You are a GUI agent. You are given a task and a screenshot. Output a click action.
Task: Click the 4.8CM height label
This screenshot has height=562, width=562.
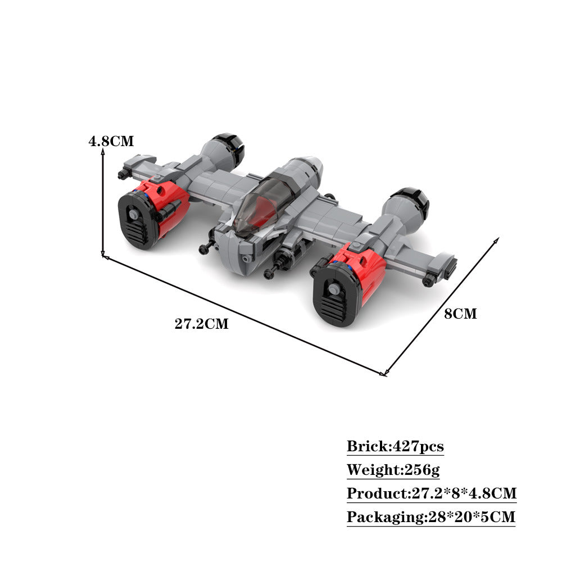pos(111,141)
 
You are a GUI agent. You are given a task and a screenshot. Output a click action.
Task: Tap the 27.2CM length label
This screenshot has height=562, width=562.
pos(201,324)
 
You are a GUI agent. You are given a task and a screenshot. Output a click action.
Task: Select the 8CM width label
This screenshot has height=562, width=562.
pos(461,314)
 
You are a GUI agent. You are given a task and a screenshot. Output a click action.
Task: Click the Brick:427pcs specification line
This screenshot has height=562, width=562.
pos(395,446)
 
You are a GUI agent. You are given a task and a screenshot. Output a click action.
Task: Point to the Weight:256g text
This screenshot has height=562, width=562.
pos(393,469)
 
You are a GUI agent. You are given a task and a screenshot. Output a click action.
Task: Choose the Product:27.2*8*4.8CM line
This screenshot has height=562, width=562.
pos(432,493)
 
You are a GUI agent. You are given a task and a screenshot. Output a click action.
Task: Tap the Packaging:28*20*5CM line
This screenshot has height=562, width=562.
pos(431,517)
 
